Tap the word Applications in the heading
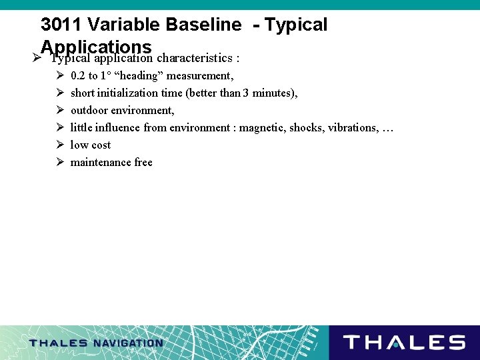[96, 46]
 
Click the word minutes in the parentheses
[273, 93]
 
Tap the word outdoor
[89, 110]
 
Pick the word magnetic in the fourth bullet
[261, 127]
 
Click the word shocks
[306, 127]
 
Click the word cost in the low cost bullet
[101, 145]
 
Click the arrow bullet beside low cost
[59, 145]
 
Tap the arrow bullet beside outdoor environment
[59, 110]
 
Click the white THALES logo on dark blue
[404, 343]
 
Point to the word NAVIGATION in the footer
[128, 343]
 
